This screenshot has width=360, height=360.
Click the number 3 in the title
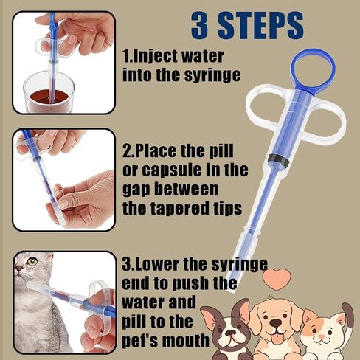(x=200, y=25)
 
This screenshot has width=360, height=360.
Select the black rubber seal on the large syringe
(x=278, y=160)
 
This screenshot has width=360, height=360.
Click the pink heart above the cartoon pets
(x=277, y=279)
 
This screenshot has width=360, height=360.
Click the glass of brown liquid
(x=49, y=92)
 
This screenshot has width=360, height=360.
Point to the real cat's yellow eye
(x=32, y=261)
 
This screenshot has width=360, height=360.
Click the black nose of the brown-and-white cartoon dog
(x=231, y=332)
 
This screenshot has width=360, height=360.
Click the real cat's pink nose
(x=17, y=269)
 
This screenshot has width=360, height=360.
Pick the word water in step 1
(x=202, y=57)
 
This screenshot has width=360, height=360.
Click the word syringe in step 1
(x=212, y=75)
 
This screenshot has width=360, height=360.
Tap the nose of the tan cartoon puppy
(x=277, y=323)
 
